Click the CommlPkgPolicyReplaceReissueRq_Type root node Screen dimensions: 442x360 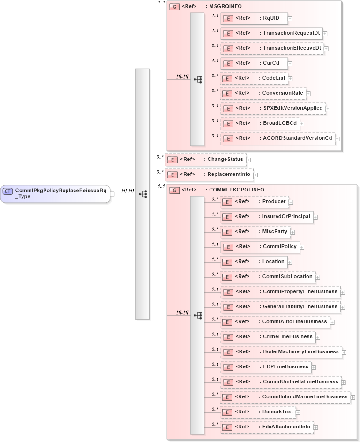coord(55,193)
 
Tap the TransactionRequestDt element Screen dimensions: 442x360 coord(271,33)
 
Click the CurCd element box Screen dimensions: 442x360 coord(254,63)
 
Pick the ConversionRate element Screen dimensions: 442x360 coord(262,93)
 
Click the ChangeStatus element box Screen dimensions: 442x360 coord(205,160)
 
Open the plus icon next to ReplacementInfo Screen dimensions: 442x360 coord(255,175)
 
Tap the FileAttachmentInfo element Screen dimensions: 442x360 coord(266,427)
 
